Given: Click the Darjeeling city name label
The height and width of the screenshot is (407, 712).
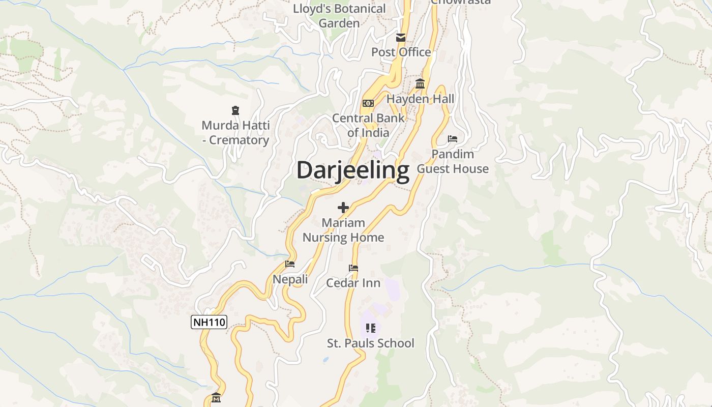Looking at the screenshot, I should point(352,170).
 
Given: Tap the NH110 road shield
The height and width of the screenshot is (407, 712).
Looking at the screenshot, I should point(209,322).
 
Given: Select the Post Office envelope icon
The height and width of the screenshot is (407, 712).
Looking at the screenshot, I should point(401,37).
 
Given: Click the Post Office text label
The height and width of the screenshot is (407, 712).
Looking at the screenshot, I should point(401,52).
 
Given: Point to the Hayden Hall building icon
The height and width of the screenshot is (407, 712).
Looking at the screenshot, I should point(420,84).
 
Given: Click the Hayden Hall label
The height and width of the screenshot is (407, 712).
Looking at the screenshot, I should point(420,99).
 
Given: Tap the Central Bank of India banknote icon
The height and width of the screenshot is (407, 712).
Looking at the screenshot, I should point(368,103).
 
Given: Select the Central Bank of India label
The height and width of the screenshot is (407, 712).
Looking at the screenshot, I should point(368,125).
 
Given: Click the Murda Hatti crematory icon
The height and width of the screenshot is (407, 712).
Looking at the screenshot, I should point(235,110).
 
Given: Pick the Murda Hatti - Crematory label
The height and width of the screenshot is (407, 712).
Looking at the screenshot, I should point(235,132).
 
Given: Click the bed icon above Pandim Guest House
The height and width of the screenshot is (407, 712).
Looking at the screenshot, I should point(452,139).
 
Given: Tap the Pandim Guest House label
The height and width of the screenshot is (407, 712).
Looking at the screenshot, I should point(453,161).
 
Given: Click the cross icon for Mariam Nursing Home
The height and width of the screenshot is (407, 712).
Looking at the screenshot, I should point(343,208).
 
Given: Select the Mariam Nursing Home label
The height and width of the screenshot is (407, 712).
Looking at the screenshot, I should point(343,230).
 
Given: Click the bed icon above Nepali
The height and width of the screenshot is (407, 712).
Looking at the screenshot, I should point(290,264).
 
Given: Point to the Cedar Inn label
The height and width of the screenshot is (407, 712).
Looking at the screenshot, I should point(353,283).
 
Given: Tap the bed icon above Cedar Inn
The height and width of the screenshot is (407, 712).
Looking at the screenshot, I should point(353,268).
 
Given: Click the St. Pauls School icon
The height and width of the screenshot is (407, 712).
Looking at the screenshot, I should point(370,328).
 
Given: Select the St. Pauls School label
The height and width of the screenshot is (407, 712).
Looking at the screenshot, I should point(370,343).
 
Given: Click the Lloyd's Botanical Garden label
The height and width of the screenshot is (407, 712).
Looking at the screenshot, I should point(339,16).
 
